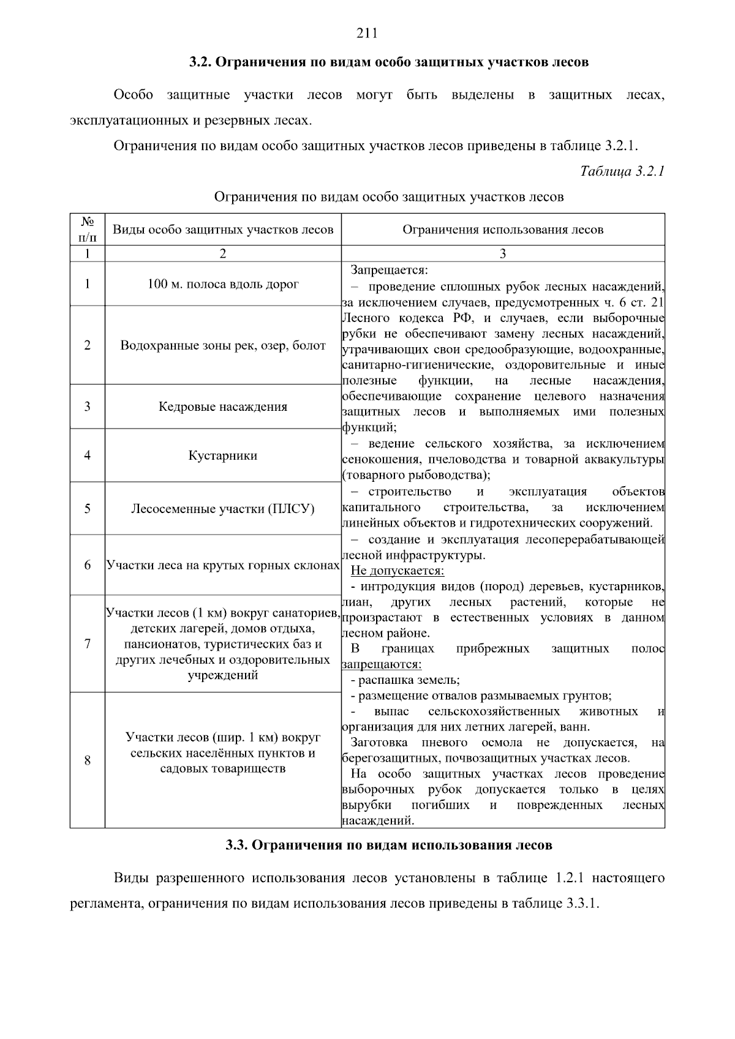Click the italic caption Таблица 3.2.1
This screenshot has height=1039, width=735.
[622, 171]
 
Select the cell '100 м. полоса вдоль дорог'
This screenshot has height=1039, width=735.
[223, 284]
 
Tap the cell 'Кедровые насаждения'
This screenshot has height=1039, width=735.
[223, 407]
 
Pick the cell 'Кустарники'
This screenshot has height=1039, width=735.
[223, 456]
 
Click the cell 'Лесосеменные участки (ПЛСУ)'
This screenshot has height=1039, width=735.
[223, 509]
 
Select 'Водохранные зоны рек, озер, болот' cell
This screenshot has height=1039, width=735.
[223, 345]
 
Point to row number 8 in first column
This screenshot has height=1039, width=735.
[88, 760]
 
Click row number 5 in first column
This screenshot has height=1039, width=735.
[88, 509]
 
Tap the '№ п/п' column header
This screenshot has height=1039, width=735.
[88, 230]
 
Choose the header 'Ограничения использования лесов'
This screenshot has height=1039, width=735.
[503, 230]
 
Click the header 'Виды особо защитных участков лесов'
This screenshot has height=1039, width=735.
[223, 230]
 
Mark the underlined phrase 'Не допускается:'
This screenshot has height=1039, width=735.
[397, 571]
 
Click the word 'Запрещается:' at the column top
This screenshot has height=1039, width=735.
[389, 270]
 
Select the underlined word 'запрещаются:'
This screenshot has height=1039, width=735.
[382, 664]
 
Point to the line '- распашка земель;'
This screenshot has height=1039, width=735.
[405, 680]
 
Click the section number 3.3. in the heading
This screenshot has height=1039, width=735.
[236, 846]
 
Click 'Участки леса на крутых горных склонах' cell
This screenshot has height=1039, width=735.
[223, 565]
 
